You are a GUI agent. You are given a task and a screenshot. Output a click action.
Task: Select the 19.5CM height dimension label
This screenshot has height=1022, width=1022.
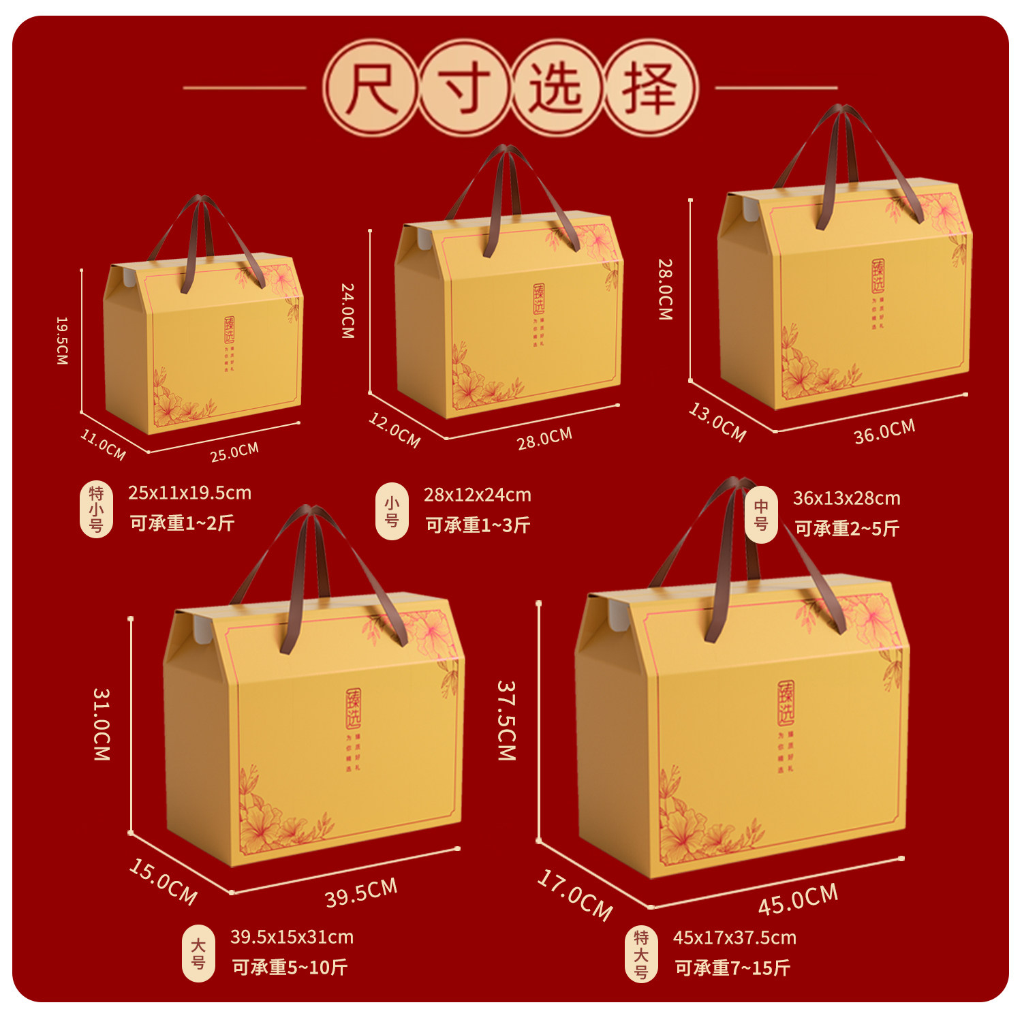click(x=62, y=340)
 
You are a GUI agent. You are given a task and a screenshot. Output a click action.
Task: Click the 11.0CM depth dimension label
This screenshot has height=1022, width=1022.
click(x=103, y=444)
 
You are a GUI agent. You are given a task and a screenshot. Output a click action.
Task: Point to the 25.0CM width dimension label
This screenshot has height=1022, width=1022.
click(x=234, y=452)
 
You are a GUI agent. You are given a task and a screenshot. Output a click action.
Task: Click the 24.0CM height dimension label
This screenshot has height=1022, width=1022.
click(x=347, y=311)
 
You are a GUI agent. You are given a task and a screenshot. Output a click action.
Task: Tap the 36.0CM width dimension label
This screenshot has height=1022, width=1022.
click(x=884, y=432)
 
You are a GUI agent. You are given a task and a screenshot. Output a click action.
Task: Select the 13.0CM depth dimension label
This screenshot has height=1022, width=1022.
click(x=717, y=422)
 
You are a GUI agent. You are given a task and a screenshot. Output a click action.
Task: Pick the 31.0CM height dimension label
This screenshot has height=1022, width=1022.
click(x=102, y=724)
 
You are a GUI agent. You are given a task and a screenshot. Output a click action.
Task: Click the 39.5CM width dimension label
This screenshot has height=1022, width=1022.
click(x=361, y=893)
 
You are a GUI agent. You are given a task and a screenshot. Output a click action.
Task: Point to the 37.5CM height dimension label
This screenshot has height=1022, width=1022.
click(x=506, y=720)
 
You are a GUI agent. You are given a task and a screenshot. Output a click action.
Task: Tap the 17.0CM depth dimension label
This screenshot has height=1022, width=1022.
click(x=575, y=895)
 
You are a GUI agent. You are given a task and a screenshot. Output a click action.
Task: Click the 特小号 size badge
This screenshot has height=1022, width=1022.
click(x=96, y=509)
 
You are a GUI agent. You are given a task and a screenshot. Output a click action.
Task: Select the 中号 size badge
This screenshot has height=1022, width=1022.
click(x=761, y=515)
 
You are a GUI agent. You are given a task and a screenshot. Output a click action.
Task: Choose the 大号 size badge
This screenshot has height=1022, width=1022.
click(x=198, y=953)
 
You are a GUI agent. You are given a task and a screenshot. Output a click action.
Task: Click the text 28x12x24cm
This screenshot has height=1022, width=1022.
click(x=477, y=495)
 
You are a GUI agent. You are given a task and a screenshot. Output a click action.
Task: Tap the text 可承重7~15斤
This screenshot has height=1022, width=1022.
click(x=732, y=967)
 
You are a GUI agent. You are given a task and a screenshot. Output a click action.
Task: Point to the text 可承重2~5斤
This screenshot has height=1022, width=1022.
click(x=847, y=528)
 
